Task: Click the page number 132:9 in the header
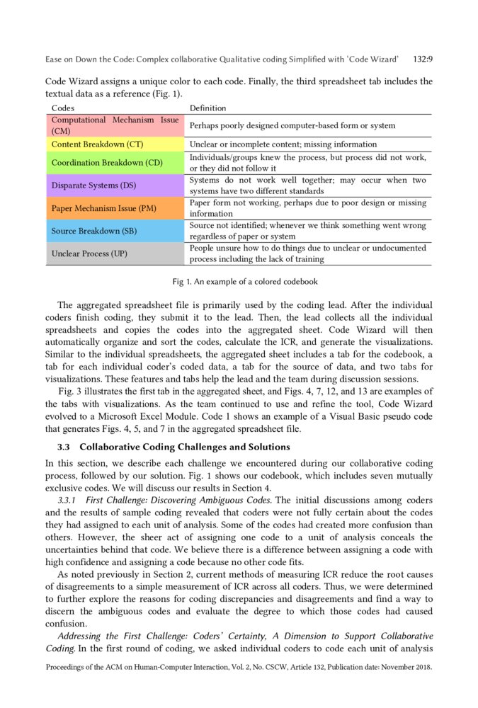tap(422, 59)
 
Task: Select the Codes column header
tap(63, 108)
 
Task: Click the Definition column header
tap(207, 108)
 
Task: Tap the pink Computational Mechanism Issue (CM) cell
tap(115, 125)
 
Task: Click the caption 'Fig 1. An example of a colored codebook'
tap(245, 282)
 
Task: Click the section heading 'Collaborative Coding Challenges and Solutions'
tap(185, 447)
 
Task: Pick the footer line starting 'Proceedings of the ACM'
tap(239, 667)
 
